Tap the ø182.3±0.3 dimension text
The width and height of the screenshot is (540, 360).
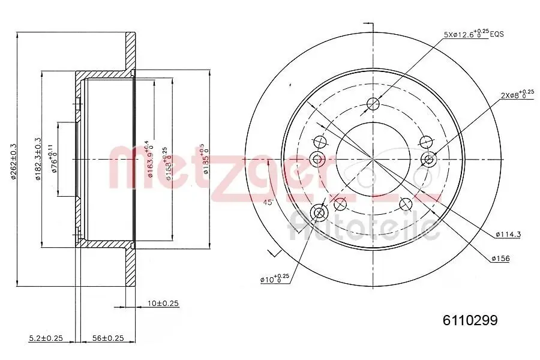38,159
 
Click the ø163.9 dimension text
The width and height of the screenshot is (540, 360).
148,159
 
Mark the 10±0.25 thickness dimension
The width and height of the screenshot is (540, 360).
163,304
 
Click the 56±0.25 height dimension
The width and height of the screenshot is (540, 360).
107,338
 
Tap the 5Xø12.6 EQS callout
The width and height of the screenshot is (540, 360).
473,35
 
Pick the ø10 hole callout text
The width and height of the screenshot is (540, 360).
274,279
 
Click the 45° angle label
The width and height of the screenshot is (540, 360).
268,202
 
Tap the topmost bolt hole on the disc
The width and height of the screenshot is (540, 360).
373,104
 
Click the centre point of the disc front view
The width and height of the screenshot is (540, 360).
373,160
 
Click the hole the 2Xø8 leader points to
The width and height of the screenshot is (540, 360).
428,159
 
